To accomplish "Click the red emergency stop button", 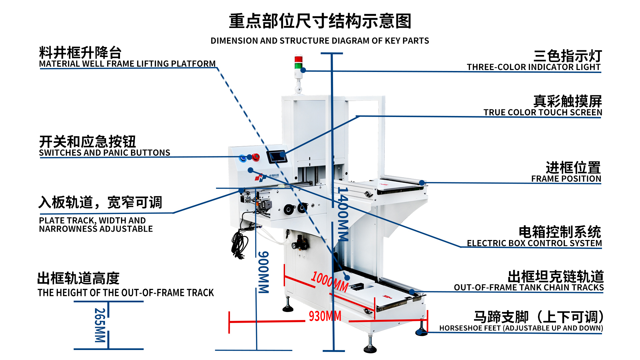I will tap(256, 157).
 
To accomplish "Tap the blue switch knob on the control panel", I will tap(243, 158).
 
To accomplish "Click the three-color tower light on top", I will tap(298, 66).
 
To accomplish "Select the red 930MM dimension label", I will tap(325, 316).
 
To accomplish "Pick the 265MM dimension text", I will tap(100, 325).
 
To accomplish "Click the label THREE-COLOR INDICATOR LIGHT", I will tap(533, 67).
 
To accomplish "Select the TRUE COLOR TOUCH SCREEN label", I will tap(543, 112).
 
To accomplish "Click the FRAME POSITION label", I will tap(566, 179).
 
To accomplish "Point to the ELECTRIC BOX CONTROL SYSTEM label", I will tap(534, 243).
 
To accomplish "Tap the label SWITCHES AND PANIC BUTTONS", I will tap(105, 153).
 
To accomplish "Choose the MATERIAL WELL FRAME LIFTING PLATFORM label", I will tap(127, 64).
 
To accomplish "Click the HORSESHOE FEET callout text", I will tap(521, 328).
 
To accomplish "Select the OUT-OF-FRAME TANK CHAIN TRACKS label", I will tap(529, 287).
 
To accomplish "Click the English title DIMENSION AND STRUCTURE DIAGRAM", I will tap(320, 41).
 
